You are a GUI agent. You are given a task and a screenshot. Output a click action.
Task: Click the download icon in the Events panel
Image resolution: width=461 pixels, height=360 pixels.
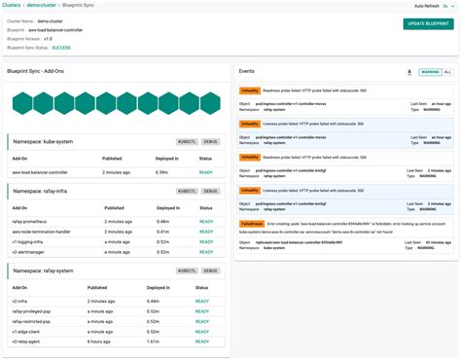409,71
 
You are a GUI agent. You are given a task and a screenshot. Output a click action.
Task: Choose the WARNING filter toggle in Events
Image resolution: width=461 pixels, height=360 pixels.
429,71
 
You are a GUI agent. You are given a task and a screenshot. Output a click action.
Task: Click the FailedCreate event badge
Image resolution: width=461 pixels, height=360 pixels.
253,223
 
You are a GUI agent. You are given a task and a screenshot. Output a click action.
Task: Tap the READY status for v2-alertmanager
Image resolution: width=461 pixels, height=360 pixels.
205,251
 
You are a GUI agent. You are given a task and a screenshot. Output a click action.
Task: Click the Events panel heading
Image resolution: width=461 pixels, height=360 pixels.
247,71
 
